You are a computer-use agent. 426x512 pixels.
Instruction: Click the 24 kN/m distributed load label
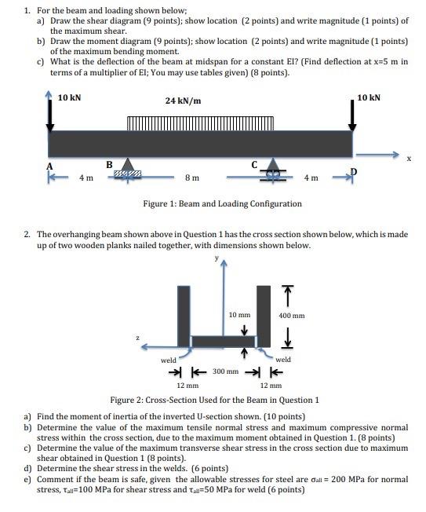point(183,101)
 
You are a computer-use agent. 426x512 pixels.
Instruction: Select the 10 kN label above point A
point(70,98)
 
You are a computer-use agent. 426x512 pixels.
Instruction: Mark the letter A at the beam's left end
point(50,166)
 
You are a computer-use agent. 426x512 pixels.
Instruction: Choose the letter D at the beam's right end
point(354,172)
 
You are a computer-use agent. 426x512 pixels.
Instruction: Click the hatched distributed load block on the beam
point(201,123)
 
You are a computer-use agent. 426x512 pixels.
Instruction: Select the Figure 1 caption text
point(222,203)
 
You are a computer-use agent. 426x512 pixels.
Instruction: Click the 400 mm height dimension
point(291,316)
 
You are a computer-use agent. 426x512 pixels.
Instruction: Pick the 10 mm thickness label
point(238,314)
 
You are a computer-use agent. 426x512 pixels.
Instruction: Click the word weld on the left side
point(168,360)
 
